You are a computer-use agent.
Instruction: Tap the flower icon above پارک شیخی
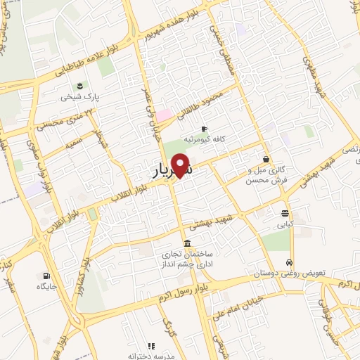[x=80, y=86]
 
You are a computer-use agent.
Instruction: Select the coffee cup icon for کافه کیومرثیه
[x=204, y=129]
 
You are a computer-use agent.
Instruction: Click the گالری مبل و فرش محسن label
[x=264, y=175]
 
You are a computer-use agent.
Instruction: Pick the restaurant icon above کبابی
[x=284, y=214]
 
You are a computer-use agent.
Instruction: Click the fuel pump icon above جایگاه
[x=46, y=276]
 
